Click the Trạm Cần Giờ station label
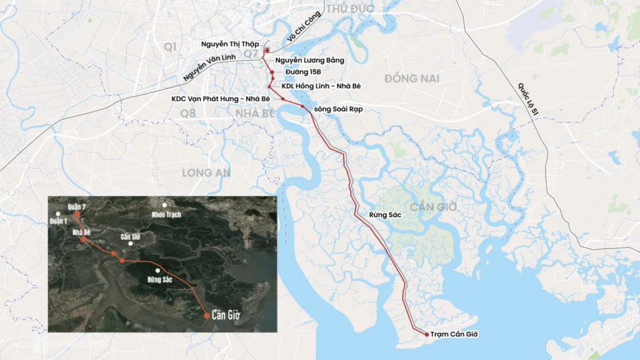[x=454, y=335]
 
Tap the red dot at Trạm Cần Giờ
[x=427, y=334]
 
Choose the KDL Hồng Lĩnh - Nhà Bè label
[x=321, y=86]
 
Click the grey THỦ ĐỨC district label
[x=349, y=9]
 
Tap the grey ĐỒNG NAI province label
[x=412, y=79]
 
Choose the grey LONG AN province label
[x=206, y=172]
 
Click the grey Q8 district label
[x=187, y=113]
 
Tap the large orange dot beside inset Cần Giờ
[x=206, y=316]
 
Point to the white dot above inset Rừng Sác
[x=158, y=270]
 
